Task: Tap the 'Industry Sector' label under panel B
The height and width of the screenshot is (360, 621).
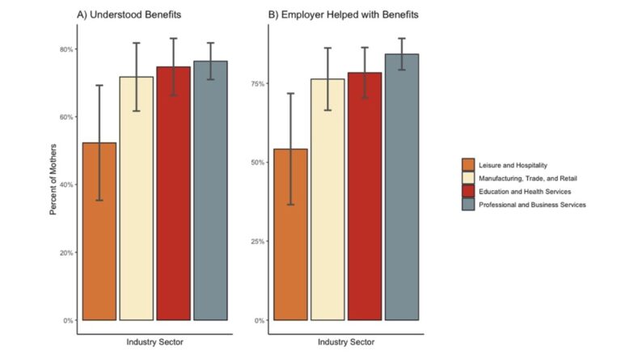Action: tap(346, 342)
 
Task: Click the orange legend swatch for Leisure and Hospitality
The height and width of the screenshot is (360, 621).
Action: tap(467, 165)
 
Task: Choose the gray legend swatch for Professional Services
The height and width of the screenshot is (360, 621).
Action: tap(467, 205)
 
